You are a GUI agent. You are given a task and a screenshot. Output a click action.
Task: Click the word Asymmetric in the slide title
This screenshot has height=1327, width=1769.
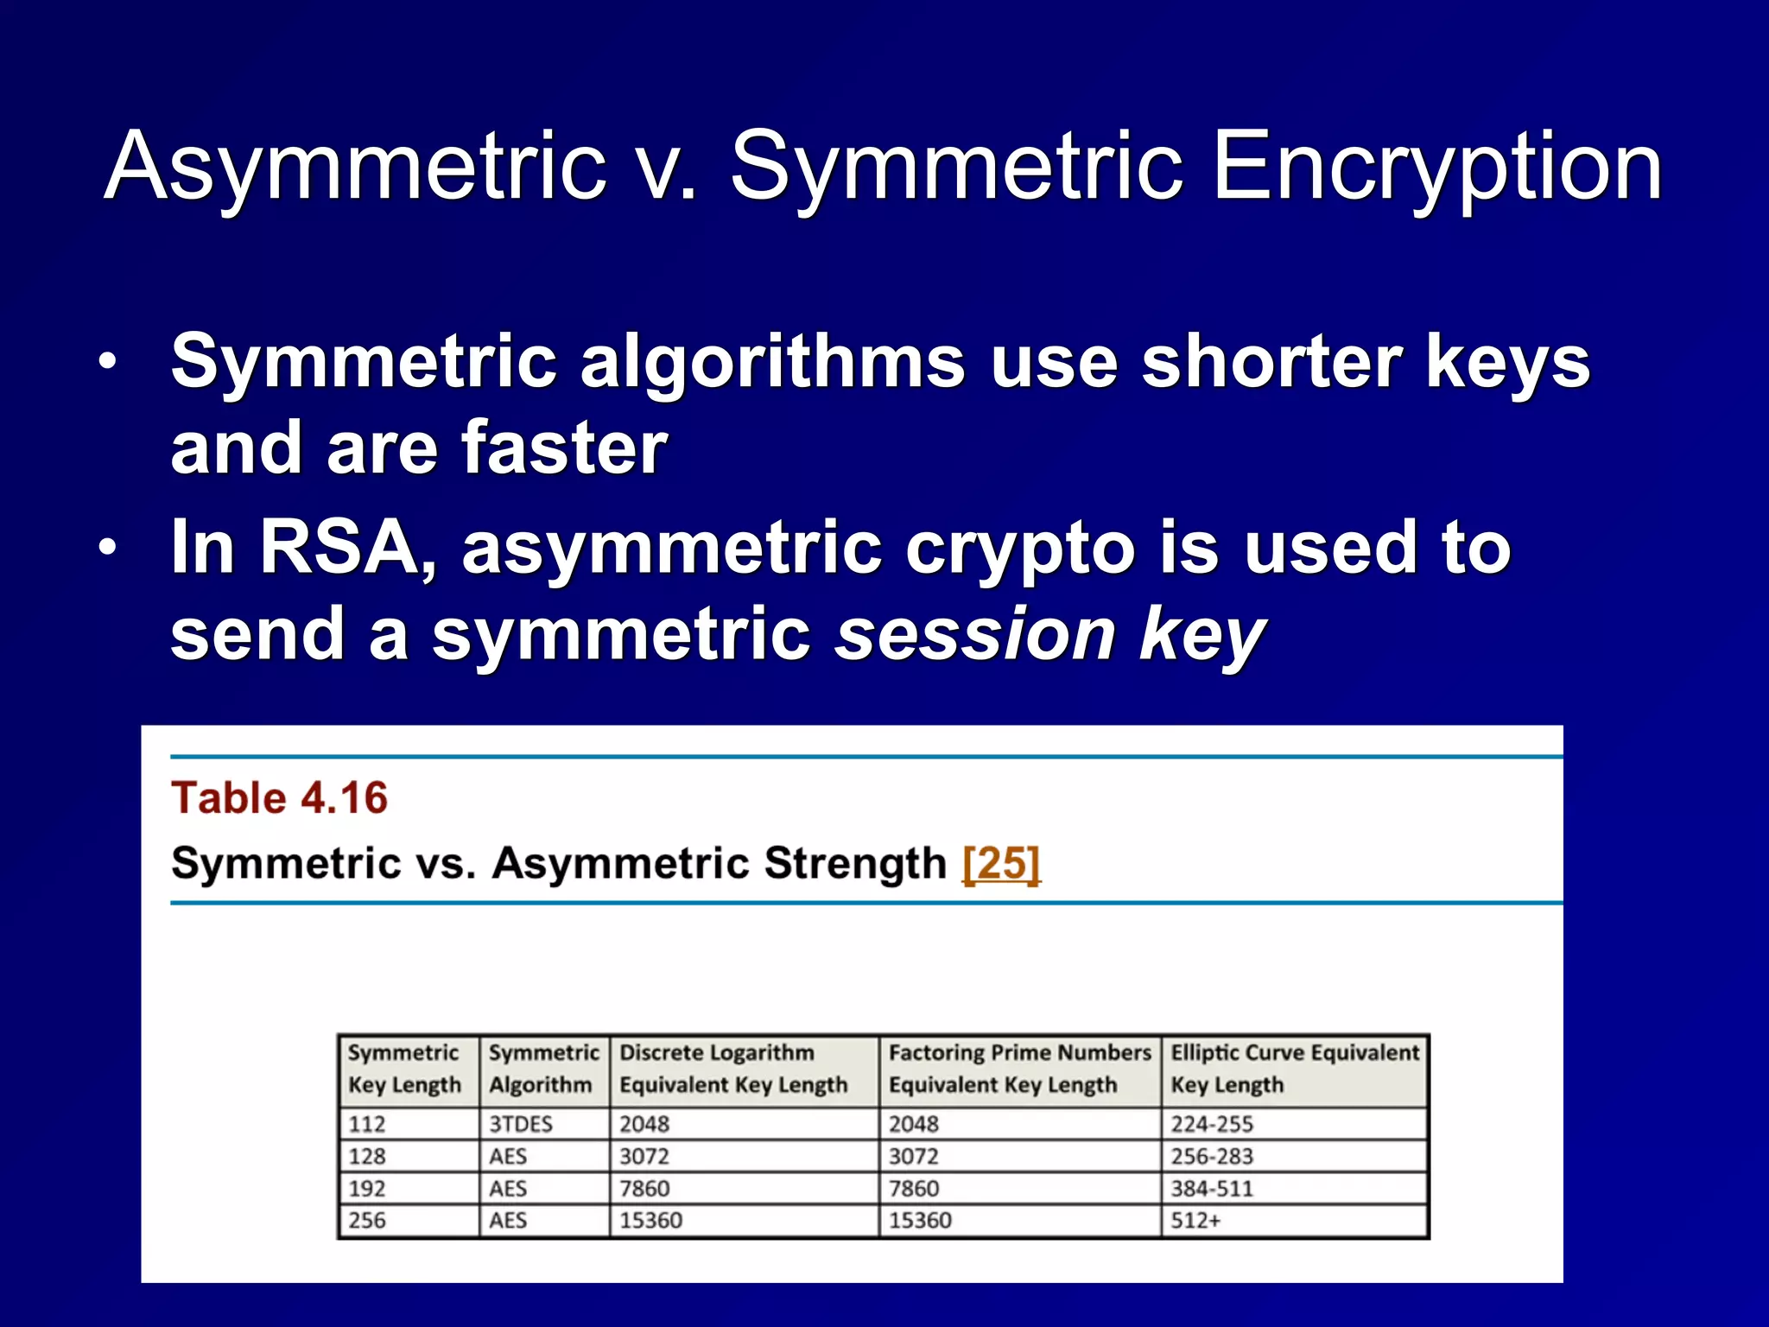355,166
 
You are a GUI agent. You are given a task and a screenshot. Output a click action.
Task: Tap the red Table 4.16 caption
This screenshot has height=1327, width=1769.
280,797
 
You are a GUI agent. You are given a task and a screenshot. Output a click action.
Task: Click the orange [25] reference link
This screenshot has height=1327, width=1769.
1001,863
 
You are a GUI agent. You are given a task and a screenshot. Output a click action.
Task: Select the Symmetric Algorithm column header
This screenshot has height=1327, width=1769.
543,1069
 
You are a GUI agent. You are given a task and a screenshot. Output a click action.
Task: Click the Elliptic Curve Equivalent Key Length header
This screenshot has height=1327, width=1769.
1294,1069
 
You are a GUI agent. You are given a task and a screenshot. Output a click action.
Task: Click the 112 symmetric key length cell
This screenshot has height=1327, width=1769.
367,1124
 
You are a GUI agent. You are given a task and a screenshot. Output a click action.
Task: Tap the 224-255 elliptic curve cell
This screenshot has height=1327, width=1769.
1212,1124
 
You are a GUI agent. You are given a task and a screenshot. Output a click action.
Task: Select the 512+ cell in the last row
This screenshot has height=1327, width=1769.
1196,1221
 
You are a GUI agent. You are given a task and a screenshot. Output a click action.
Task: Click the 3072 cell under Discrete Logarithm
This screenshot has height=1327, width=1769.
644,1156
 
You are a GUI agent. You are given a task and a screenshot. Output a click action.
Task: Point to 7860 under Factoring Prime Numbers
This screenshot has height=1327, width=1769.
914,1189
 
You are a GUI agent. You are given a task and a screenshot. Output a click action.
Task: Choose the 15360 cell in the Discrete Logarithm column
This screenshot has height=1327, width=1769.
650,1221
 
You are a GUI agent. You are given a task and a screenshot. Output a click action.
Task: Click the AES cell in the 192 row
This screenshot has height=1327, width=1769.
508,1189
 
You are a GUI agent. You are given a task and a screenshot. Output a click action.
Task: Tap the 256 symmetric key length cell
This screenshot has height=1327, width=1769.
367,1221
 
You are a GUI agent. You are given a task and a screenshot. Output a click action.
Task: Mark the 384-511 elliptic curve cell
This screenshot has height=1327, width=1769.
1212,1189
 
